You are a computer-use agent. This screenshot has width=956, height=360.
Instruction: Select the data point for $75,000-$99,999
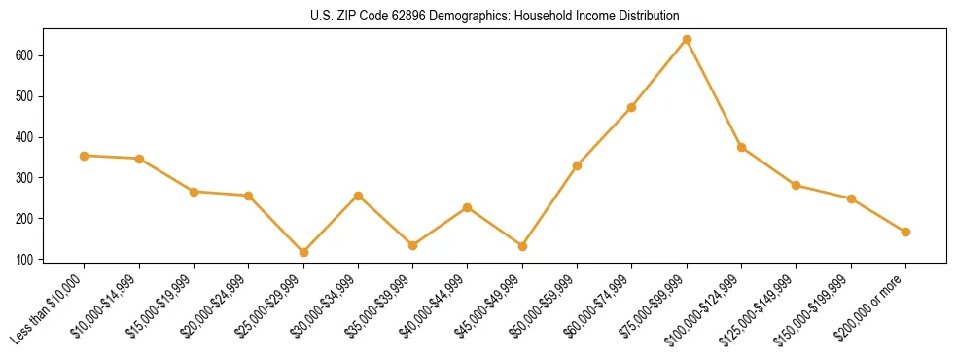pyautogui.click(x=687, y=40)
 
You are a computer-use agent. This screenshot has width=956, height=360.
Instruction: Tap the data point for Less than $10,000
pyautogui.click(x=85, y=156)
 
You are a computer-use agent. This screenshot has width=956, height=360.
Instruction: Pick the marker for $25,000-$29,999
pyautogui.click(x=303, y=252)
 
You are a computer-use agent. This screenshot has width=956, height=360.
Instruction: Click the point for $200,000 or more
pyautogui.click(x=905, y=232)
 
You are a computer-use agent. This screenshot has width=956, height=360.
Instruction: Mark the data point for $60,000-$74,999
pyautogui.click(x=632, y=107)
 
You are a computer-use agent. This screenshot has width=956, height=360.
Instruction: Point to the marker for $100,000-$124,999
pyautogui.click(x=741, y=148)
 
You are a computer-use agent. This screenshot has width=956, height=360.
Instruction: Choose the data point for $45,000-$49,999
pyautogui.click(x=522, y=246)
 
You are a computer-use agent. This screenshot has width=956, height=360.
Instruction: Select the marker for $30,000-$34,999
pyautogui.click(x=358, y=196)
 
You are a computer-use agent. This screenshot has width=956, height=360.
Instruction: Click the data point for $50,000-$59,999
pyautogui.click(x=578, y=165)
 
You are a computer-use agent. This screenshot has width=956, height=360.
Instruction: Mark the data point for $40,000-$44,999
pyautogui.click(x=468, y=207)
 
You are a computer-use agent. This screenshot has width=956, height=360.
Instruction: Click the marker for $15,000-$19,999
pyautogui.click(x=194, y=192)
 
